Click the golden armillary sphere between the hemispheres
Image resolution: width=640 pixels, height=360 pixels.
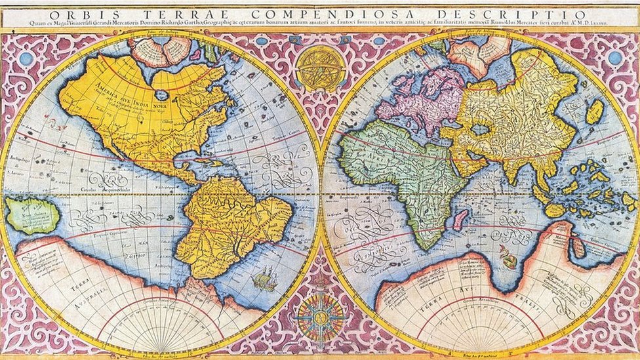(319, 68)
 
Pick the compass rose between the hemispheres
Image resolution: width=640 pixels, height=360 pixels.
(320, 317)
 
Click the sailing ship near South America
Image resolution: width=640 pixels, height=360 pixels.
(264, 280)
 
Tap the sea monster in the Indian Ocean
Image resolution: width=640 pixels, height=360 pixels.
(508, 257)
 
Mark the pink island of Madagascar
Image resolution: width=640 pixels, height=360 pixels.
(461, 219)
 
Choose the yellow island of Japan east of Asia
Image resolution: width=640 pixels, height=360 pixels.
(594, 111)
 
